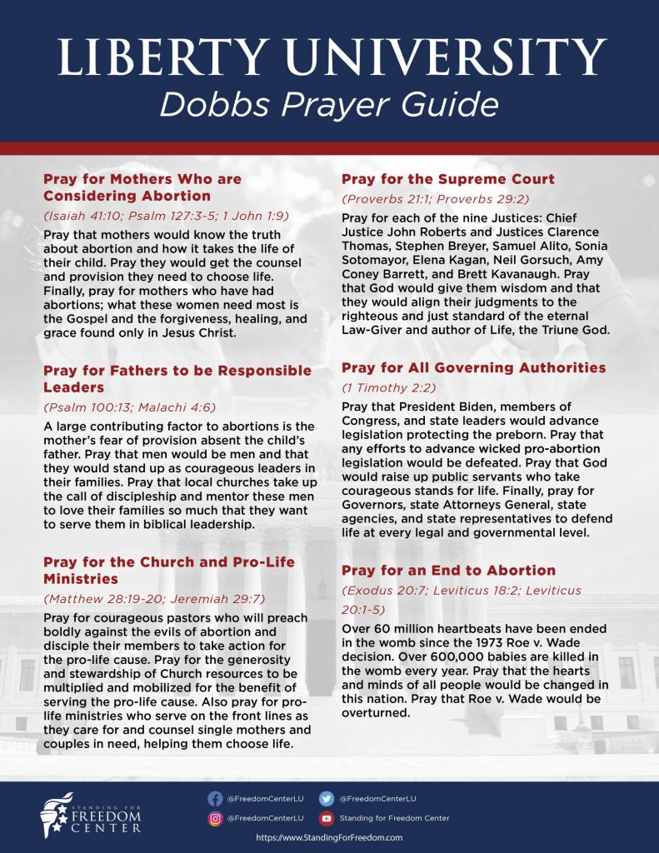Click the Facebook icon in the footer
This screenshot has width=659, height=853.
click(x=215, y=798)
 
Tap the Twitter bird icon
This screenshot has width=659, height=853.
click(x=327, y=798)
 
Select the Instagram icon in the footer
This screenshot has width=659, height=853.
click(x=215, y=818)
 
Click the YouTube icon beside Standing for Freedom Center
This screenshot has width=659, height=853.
click(x=327, y=818)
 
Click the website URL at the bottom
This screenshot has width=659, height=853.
click(x=329, y=838)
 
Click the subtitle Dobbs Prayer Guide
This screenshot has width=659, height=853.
click(x=329, y=106)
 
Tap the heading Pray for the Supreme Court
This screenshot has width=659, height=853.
click(x=447, y=179)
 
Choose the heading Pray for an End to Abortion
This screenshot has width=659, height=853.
click(x=448, y=571)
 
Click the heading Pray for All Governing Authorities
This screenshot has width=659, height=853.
click(x=473, y=367)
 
